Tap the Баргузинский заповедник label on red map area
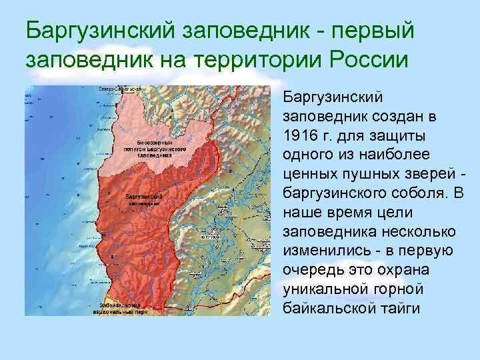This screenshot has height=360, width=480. (145, 199)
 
